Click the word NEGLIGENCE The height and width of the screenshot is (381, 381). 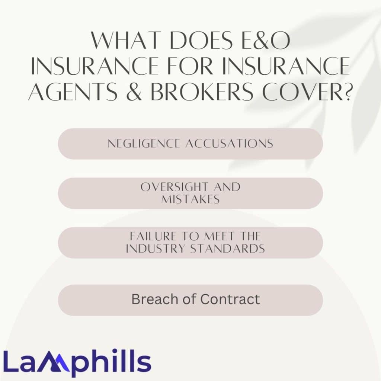(144, 144)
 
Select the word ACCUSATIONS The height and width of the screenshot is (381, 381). (229, 144)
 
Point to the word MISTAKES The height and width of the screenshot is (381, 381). (190, 199)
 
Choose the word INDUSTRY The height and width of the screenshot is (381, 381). (155, 249)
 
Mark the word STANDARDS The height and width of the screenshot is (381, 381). (227, 249)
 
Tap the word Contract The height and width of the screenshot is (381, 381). (230, 299)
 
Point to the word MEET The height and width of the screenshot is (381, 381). (220, 236)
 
